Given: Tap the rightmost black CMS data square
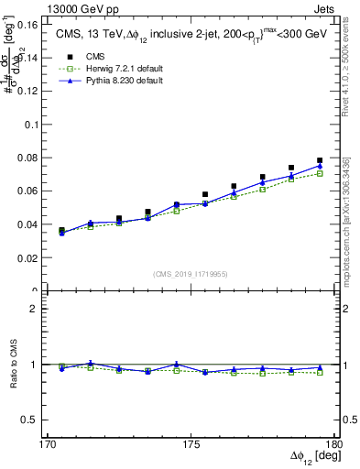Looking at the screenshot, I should coord(320,160).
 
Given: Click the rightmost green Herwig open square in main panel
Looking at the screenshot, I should coord(320,173).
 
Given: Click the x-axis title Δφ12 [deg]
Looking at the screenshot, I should coord(309,457).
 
